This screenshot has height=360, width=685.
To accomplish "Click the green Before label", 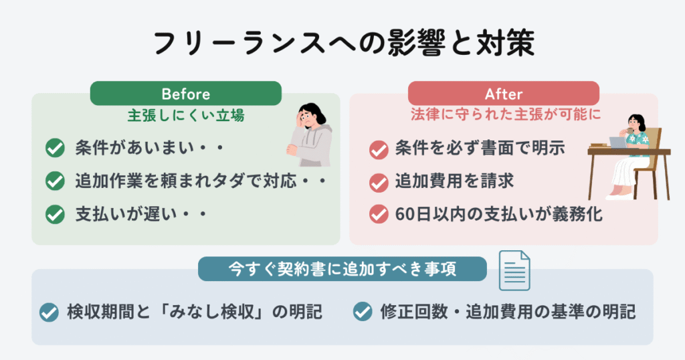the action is coord(186,93).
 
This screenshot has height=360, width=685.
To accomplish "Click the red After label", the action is coord(503,93).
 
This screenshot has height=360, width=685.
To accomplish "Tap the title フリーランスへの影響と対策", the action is coord(345,43).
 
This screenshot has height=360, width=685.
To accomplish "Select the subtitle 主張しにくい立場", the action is coord(186,116).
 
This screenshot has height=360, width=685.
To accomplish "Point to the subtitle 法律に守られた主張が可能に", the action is coord(506,114).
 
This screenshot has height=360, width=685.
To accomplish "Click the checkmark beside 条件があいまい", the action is coord(55,148).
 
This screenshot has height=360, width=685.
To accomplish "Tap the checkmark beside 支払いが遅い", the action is coord(55,215).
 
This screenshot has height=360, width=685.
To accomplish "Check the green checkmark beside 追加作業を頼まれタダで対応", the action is coord(55,181).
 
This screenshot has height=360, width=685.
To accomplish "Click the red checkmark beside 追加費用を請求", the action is coord(379,183).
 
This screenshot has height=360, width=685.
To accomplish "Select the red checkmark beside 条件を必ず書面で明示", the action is coord(379,150).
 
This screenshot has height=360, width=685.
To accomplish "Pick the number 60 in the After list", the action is coord(404,214).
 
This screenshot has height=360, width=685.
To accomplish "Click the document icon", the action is coord(514,270).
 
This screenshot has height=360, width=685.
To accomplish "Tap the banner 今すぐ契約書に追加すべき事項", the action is coord(342,269).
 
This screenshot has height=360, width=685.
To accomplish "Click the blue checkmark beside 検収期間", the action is coord(49,312).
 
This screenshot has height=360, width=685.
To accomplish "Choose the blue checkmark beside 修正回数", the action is coord(363,312).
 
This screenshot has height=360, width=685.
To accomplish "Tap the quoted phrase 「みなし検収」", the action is coord(222,312).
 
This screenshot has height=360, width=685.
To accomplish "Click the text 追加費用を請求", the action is coord(454,181).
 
